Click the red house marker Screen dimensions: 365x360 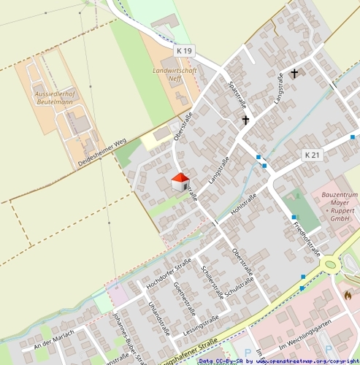click(x=180, y=182)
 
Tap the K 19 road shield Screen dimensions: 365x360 click(x=185, y=51)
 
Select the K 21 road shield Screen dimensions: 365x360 click(x=312, y=155)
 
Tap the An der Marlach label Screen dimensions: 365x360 click(x=54, y=339)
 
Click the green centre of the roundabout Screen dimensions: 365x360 click(x=331, y=264)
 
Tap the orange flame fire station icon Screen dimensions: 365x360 click(x=348, y=296)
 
